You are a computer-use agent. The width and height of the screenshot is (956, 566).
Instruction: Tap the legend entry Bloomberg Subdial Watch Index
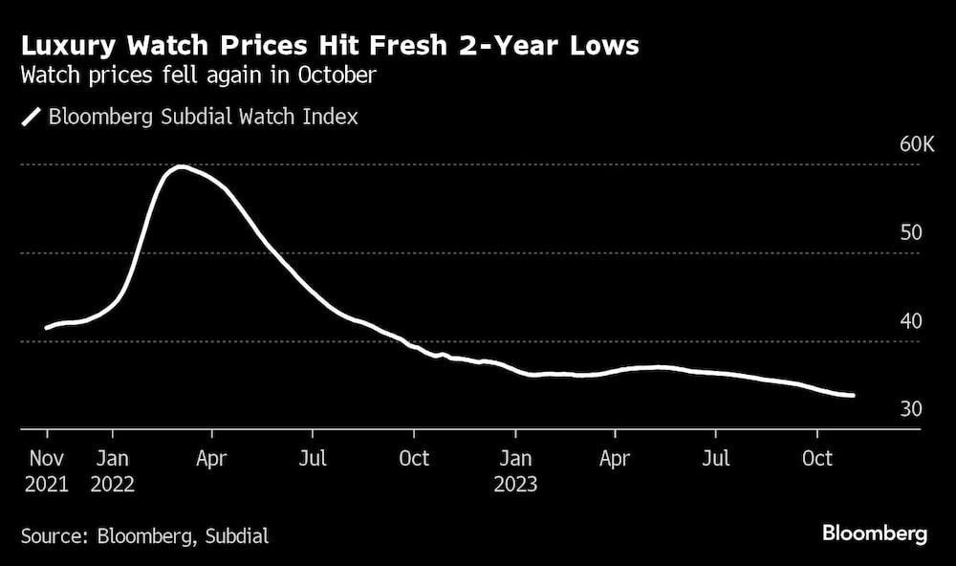203,117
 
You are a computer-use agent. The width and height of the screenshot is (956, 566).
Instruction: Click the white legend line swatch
32,117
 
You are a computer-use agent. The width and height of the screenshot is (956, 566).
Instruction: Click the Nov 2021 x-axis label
47,470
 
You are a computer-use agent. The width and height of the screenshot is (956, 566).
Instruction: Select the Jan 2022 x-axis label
113,470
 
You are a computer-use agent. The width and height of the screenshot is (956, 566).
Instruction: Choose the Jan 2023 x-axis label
516,470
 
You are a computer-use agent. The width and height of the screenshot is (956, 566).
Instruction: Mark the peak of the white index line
180,166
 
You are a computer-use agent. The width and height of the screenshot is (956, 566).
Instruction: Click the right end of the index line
853,395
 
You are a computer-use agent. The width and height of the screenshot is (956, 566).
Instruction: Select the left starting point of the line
46,328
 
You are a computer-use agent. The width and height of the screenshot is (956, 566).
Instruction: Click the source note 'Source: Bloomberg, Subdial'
144,535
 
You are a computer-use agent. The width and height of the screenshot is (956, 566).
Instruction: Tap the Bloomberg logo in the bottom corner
874,533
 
